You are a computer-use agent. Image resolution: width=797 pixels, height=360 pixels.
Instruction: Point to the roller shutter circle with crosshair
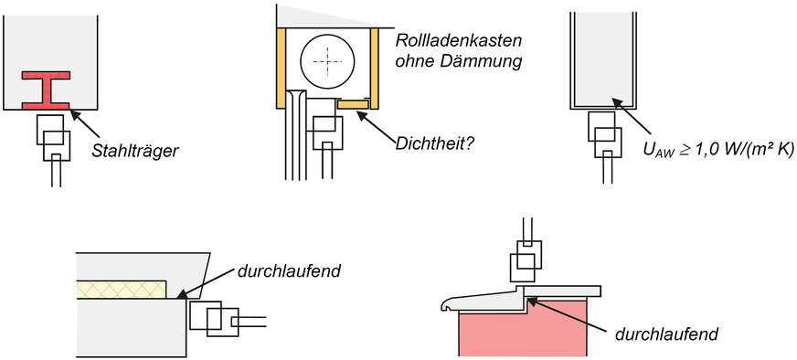pyautogui.click(x=326, y=58)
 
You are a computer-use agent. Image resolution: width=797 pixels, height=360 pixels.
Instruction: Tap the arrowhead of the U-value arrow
pyautogui.click(x=618, y=103)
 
